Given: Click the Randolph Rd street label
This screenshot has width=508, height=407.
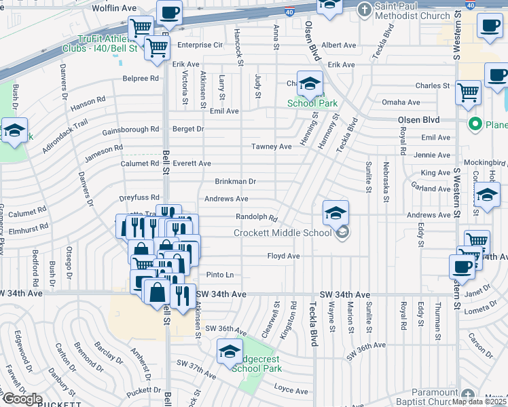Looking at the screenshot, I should point(257,218).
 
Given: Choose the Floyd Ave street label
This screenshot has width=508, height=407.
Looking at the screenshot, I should point(283,256).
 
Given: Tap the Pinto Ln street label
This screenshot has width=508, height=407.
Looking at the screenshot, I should point(219,275).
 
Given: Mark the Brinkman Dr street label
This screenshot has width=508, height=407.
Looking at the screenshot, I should point(235,182).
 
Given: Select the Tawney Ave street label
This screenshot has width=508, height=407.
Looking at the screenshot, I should point(271,147).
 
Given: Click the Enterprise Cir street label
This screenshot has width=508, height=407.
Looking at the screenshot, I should point(200,45).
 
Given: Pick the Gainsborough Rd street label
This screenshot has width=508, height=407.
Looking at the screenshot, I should point(130,129).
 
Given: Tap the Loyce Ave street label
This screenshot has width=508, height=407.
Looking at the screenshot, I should point(291,390).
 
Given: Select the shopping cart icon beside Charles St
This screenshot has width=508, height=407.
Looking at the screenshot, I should point(468,92).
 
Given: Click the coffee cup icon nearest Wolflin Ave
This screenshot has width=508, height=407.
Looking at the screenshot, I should point(169,12).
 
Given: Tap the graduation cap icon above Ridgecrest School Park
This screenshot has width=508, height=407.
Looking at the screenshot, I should point(230,351).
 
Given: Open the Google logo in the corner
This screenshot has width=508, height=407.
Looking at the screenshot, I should point(22,399).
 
